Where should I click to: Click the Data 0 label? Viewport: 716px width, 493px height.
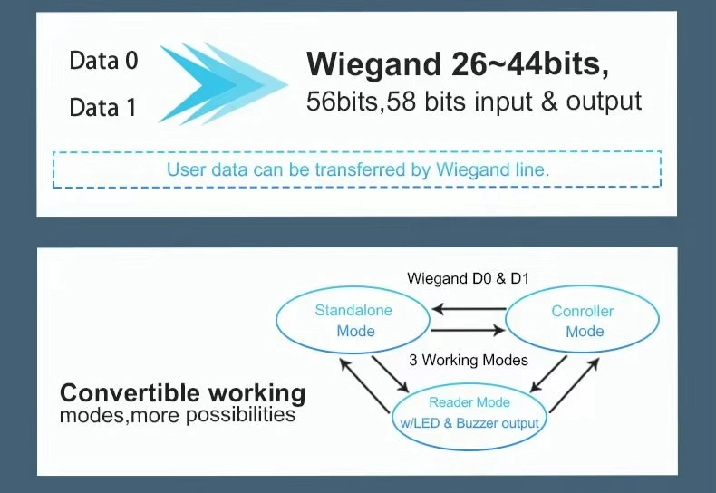point(103,62)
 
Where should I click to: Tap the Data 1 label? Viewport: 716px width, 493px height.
point(102,108)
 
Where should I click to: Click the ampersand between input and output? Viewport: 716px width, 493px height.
point(549,101)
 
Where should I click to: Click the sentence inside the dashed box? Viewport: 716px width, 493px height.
point(358,169)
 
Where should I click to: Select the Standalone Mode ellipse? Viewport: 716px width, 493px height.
point(354,320)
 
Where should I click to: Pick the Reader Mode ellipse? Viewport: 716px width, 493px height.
point(469,412)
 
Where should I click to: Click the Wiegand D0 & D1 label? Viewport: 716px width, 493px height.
point(468,277)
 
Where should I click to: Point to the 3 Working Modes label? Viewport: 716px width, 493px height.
point(469,360)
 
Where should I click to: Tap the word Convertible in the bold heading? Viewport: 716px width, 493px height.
point(131,393)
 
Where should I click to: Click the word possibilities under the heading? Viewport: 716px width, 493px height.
point(240,416)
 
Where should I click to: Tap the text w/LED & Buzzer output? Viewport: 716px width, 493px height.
point(469,423)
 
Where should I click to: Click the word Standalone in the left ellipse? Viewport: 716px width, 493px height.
point(353,310)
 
